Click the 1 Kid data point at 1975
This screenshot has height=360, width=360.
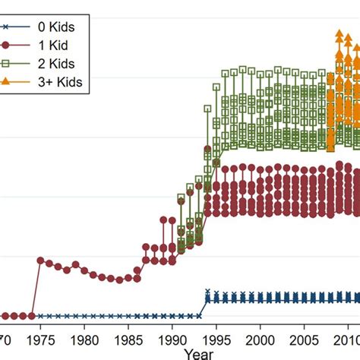pyautogui.click(x=40, y=260)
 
